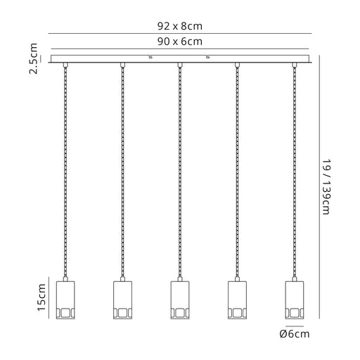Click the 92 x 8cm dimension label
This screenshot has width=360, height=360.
click(x=180, y=26)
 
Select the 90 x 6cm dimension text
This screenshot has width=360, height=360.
click(x=180, y=41)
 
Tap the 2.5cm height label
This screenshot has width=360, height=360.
click(x=33, y=58)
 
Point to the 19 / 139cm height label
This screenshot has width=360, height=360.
click(x=326, y=187)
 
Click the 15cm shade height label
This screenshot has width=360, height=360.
click(x=41, y=297)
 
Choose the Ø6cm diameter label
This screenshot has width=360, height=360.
click(x=295, y=334)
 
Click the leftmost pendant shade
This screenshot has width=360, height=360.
click(x=65, y=300)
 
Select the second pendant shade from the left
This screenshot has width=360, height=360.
click(x=122, y=300)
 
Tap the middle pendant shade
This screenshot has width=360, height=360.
click(x=180, y=300)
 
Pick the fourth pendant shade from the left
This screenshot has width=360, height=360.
click(x=237, y=300)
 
